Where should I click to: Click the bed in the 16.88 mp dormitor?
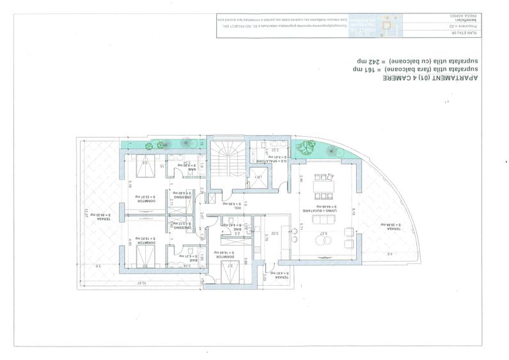click(x=226, y=274)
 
